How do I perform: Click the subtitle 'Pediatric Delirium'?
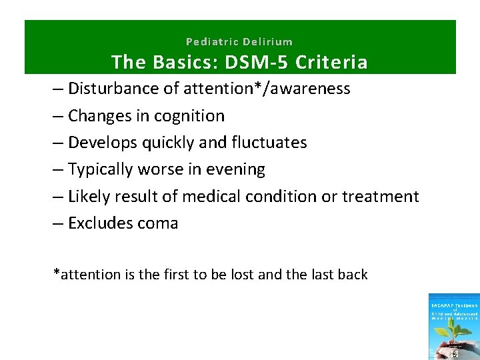[x=239, y=41]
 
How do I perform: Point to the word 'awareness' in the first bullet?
[x=313, y=89]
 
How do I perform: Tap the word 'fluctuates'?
[x=271, y=143]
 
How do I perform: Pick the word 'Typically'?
[x=101, y=170]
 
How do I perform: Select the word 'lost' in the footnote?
[x=241, y=274]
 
